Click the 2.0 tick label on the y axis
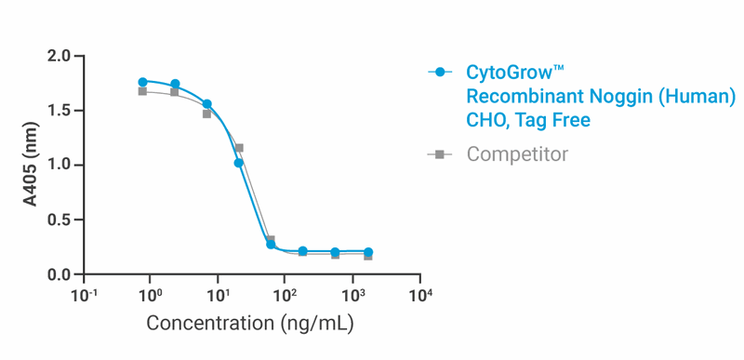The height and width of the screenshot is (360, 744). (60, 56)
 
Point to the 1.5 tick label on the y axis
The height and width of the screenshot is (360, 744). (60, 111)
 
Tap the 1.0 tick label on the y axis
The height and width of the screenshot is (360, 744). (60, 166)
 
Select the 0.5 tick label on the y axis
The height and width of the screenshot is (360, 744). (60, 220)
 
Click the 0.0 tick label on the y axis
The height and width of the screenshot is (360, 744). (60, 274)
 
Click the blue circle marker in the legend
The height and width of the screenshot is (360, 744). (441, 72)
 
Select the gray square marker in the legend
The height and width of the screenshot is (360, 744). (441, 153)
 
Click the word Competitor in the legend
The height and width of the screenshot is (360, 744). (517, 153)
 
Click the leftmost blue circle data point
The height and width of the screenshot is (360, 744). (142, 82)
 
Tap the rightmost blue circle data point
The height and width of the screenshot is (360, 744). (368, 252)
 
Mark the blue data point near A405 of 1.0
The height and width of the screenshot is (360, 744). (239, 163)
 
